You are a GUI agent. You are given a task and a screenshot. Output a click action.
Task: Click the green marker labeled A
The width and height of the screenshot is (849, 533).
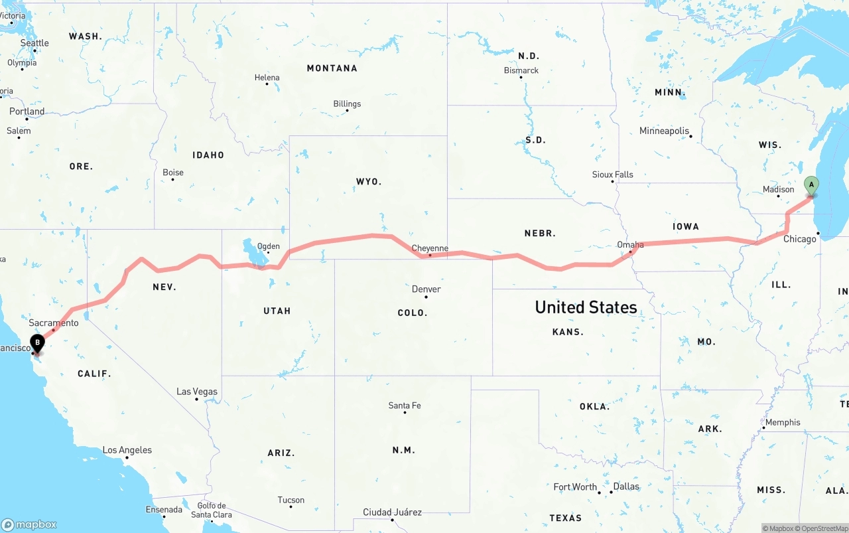811,185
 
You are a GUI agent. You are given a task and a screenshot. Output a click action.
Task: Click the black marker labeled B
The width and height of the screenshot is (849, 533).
38,343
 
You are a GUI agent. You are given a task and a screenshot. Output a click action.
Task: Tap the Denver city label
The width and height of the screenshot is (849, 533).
426,289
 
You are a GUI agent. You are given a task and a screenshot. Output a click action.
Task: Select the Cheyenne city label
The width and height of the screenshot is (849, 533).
430,248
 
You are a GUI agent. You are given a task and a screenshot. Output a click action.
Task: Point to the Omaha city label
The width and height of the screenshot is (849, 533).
630,244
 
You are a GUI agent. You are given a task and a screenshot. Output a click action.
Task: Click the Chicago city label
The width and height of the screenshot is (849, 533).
799,239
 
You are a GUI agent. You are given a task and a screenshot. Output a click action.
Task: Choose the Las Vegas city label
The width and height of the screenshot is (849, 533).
197,392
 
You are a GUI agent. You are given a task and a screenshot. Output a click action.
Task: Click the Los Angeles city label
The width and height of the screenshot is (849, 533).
127,450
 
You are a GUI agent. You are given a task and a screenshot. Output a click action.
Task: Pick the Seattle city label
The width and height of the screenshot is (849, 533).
34,43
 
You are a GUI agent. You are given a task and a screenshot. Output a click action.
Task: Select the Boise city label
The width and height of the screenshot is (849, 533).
173,173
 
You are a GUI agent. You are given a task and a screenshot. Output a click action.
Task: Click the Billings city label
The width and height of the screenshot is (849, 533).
347,104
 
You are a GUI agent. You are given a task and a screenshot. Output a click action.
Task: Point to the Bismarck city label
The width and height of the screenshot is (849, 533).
521,70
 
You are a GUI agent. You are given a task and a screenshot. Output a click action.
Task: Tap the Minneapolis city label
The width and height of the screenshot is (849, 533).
664,131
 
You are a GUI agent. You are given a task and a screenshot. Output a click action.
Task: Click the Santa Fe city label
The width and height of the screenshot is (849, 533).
405,406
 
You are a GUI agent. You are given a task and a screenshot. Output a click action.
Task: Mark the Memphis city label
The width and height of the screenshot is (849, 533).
783,422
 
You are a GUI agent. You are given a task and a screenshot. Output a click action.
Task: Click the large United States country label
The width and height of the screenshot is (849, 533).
586,307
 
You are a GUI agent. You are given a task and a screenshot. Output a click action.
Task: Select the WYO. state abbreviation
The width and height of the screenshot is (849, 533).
369,181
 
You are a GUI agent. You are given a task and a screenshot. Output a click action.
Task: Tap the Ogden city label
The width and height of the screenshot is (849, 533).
268,246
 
